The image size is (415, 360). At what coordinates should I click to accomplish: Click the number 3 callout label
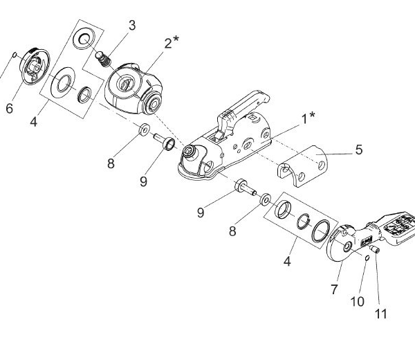point(131,26)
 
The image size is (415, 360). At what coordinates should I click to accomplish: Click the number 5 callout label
point(358,149)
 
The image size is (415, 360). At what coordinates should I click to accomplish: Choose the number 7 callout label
point(335,290)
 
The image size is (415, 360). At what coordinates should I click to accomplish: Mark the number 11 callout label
point(380,314)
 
